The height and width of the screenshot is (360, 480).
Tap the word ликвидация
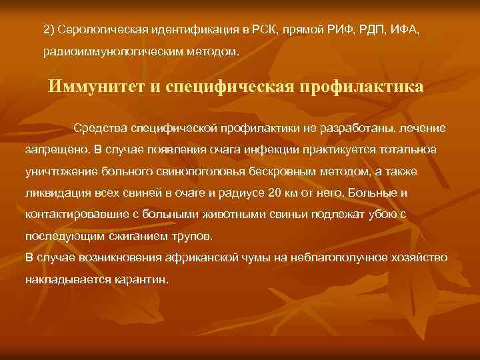pyautogui.click(x=58, y=194)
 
